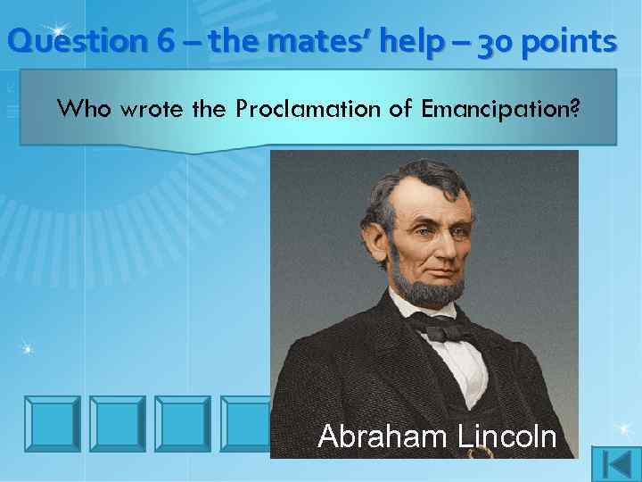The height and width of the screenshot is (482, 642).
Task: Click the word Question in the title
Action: [63, 41]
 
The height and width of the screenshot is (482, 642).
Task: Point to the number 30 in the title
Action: [487, 41]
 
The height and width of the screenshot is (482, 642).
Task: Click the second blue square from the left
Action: [118, 422]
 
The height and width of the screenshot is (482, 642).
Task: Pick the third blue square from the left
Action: [182, 422]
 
